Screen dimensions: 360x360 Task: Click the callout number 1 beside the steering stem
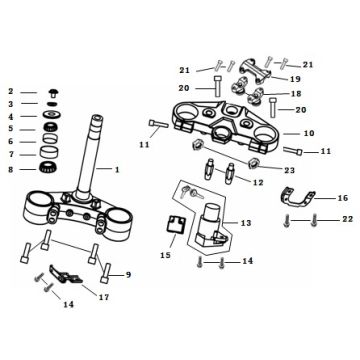pyautogui.click(x=117, y=170)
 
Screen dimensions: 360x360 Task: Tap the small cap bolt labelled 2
pyautogui.click(x=53, y=92)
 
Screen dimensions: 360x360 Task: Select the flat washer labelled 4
pyautogui.click(x=52, y=114)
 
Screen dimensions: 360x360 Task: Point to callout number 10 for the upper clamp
pyautogui.click(x=309, y=133)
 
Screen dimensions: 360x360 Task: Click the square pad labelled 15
pyautogui.click(x=176, y=224)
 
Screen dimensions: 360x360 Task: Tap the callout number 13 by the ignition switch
pyautogui.click(x=246, y=223)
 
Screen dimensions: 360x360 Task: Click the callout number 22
pyautogui.click(x=347, y=219)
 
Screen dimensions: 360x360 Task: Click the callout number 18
pyautogui.click(x=296, y=94)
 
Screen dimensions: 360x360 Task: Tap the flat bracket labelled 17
pyautogui.click(x=65, y=274)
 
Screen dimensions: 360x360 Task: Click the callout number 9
pyautogui.click(x=128, y=275)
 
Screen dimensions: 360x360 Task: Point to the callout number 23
pyautogui.click(x=289, y=170)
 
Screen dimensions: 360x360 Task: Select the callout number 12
pyautogui.click(x=258, y=183)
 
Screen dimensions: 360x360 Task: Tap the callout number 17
pyautogui.click(x=104, y=297)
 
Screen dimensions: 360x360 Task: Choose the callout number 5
pyautogui.click(x=11, y=129)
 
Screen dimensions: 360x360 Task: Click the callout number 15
pyautogui.click(x=165, y=255)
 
